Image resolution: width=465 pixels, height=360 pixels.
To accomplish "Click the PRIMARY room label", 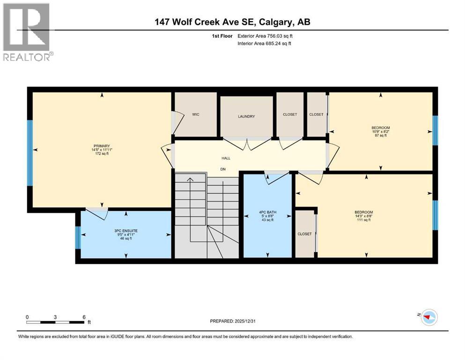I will point(101,146).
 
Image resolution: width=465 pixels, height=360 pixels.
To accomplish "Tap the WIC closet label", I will point(196,114).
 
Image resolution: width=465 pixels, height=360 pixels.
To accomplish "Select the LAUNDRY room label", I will point(246,116).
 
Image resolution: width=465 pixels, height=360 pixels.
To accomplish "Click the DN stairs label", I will point(223,169).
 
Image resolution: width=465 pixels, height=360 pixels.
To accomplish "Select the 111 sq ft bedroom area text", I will point(364,220).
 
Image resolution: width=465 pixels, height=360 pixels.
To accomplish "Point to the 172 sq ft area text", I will point(102,153).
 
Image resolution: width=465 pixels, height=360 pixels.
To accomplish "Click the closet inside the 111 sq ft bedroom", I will point(304,234).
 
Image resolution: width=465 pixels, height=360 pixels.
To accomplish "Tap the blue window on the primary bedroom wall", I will point(30,153).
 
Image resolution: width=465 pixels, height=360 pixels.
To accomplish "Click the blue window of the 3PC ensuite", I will point(78,237).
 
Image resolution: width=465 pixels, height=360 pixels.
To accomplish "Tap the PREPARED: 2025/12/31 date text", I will point(232,321).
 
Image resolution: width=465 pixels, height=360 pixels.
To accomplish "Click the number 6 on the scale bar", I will point(84,317).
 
